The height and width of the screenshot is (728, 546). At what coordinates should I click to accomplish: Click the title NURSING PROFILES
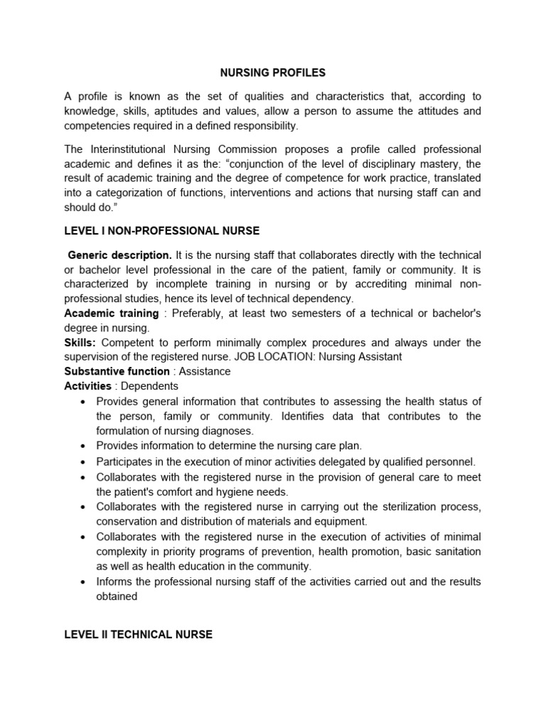272,73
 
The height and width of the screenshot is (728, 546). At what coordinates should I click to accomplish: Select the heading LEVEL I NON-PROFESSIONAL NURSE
162,231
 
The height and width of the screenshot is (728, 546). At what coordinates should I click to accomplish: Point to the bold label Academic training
112,314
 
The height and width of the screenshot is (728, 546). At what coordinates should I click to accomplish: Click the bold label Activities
87,386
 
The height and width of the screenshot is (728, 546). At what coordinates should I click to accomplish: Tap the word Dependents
149,386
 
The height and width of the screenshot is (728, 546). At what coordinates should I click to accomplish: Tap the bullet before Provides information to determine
84,446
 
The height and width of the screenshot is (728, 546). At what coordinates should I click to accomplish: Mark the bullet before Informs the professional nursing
84,582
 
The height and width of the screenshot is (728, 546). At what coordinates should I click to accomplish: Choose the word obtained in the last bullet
117,597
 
